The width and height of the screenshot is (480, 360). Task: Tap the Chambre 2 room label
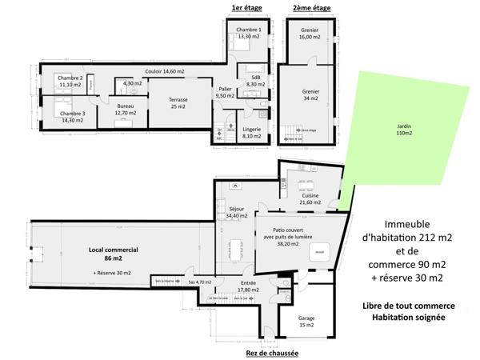[x=70, y=81]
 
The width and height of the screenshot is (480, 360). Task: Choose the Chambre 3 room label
[x=72, y=117]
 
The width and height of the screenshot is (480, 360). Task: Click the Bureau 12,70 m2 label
[x=126, y=110]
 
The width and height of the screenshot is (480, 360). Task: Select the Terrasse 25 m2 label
[x=178, y=103]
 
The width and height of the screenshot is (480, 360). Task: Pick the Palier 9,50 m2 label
[x=225, y=92]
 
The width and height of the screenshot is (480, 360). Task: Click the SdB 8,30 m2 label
[x=255, y=81]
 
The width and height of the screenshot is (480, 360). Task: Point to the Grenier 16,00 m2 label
[x=309, y=34]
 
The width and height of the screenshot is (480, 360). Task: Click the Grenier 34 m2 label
[x=309, y=95]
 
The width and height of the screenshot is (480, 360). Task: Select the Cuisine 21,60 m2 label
[x=310, y=198]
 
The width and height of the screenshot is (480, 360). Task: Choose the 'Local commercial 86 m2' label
[x=113, y=254]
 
